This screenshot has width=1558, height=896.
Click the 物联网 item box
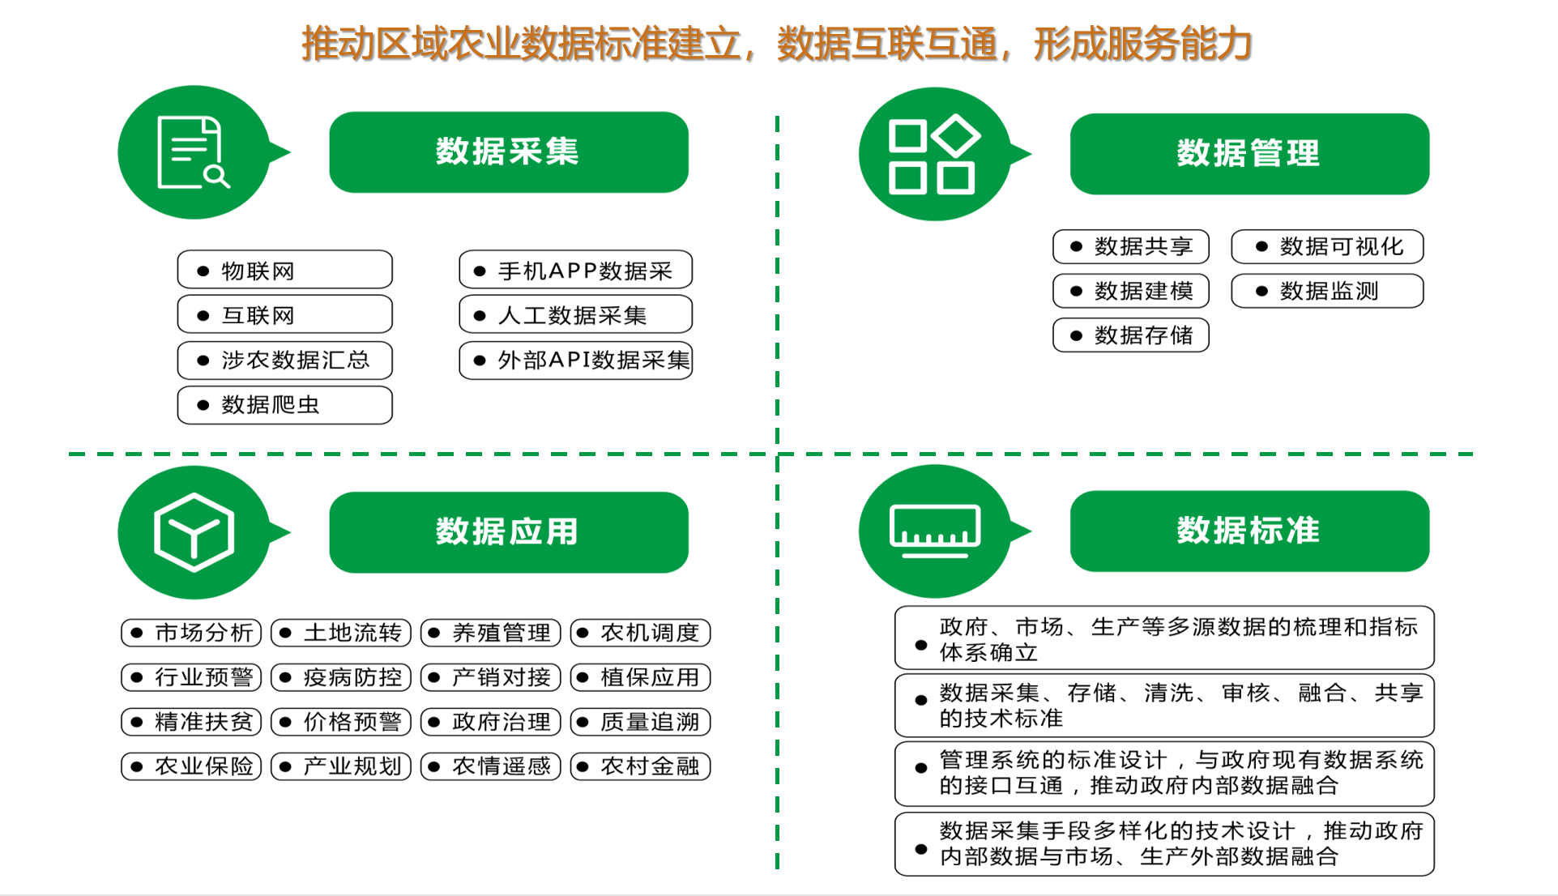[x=284, y=270]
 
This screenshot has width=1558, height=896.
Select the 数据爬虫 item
[x=284, y=404]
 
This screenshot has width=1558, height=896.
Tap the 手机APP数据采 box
[x=575, y=270]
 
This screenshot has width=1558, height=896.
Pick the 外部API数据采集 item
[x=575, y=360]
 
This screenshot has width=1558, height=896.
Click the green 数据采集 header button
[x=508, y=152]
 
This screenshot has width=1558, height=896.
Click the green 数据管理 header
[x=1249, y=154]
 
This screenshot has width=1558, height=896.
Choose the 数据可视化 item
[x=1326, y=246]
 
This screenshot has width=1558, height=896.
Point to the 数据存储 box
[x=1130, y=335]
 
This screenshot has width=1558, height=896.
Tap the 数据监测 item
[x=1326, y=291]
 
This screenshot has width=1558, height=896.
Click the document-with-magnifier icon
[x=193, y=152]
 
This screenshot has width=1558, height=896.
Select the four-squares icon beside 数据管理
[x=933, y=155]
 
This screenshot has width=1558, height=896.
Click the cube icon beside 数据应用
[x=194, y=532]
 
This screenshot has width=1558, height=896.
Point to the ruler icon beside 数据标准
[x=934, y=531]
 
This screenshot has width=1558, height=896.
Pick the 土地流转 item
[x=341, y=633]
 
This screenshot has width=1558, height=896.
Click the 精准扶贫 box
[x=191, y=722]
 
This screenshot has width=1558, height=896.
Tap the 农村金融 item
[x=640, y=766]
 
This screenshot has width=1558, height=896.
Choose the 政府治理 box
[x=491, y=722]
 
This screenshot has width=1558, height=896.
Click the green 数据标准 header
[x=1249, y=531]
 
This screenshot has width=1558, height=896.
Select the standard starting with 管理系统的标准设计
[x=1163, y=773]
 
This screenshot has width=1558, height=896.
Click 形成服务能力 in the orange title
[x=1142, y=44]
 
